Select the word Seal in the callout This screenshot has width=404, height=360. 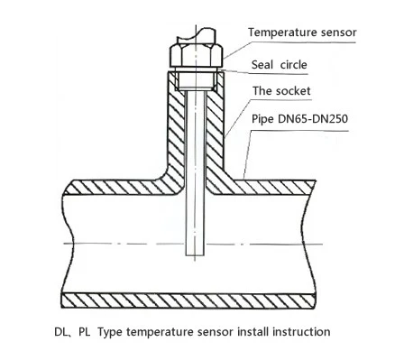pyautogui.click(x=262, y=65)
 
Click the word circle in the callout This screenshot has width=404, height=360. pyautogui.click(x=294, y=65)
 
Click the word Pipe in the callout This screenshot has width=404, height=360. pyautogui.click(x=262, y=119)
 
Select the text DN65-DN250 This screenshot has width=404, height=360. pyautogui.click(x=313, y=119)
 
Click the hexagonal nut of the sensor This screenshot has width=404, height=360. pyautogui.click(x=196, y=55)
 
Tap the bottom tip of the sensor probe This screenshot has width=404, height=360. pyautogui.click(x=196, y=255)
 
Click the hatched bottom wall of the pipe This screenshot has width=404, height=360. pyautogui.click(x=188, y=300)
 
